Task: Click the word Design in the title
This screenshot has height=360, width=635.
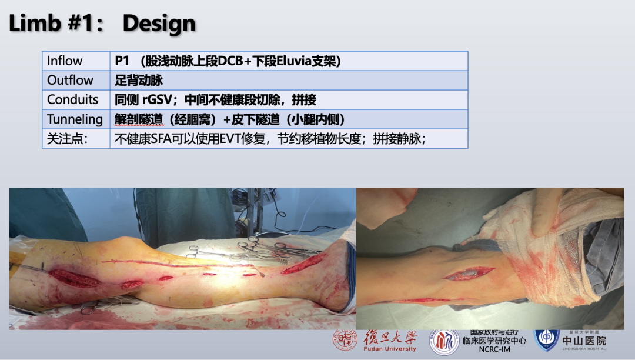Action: (x=159, y=23)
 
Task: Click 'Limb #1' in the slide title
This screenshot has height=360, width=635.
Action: (x=52, y=23)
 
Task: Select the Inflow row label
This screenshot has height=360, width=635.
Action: (x=65, y=61)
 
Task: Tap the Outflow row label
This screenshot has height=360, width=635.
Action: (x=70, y=80)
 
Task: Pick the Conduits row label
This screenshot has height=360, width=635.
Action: (x=72, y=99)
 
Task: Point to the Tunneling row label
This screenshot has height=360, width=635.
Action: (x=75, y=119)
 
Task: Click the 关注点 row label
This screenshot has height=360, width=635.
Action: (x=67, y=139)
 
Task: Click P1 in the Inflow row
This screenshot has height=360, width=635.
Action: (x=122, y=61)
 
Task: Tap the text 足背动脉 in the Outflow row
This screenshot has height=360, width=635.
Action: (x=139, y=80)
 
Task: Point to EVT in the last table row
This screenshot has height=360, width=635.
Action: (x=230, y=139)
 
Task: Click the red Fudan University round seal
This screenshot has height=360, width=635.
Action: (x=345, y=339)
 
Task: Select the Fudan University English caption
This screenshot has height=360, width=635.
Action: (x=390, y=349)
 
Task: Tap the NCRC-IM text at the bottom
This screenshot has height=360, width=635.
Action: (x=494, y=349)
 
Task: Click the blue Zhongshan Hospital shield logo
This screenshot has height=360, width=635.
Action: (x=547, y=339)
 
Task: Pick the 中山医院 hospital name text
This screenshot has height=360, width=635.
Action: (x=584, y=341)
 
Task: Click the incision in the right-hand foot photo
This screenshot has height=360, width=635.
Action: (x=469, y=274)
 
